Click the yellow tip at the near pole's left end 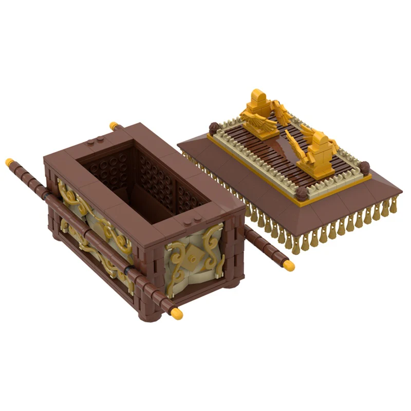[9, 162]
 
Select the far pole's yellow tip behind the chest [114, 126]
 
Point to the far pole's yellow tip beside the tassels [289, 265]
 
